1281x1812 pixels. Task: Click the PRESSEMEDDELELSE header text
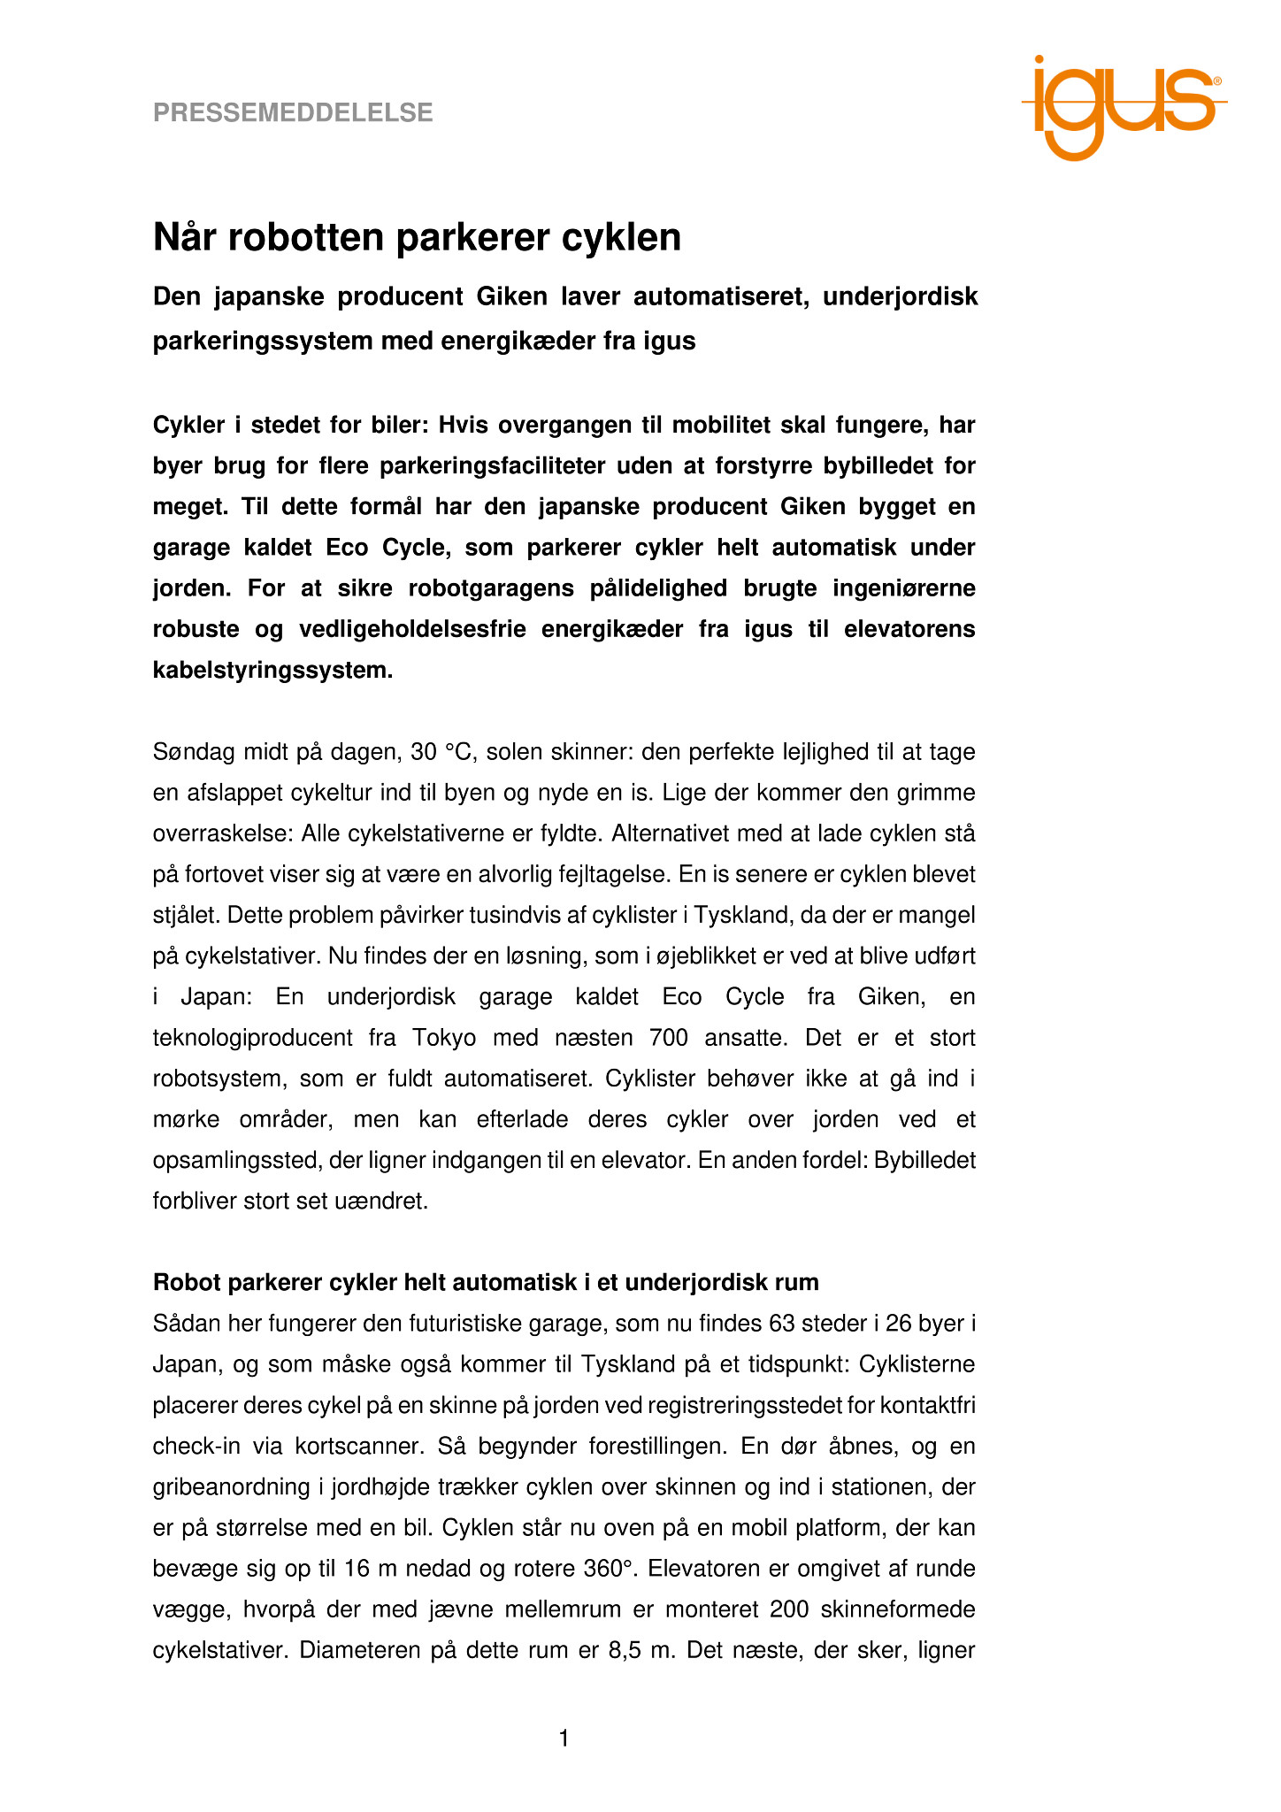[x=293, y=112]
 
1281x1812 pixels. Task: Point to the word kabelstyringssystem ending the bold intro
[x=272, y=670]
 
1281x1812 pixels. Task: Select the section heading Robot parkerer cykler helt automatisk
[x=485, y=1282]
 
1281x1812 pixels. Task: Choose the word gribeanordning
[x=233, y=1486]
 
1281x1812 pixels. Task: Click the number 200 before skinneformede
[x=789, y=1609]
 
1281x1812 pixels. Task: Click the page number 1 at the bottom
[x=564, y=1739]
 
